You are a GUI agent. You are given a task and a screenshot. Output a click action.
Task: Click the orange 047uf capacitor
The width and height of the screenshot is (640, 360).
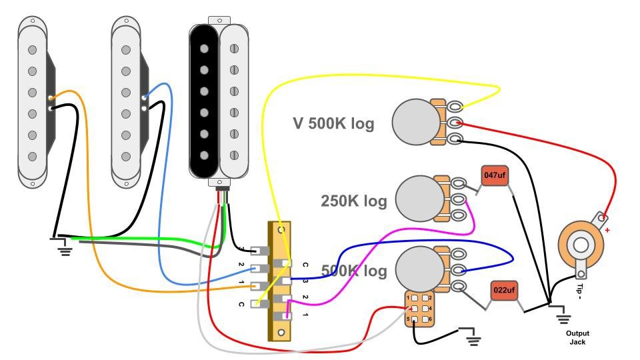click(494, 177)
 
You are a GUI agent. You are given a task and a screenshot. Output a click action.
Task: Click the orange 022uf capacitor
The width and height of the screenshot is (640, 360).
click(505, 291)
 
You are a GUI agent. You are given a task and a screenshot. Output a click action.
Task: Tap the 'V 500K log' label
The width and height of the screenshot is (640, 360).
click(333, 123)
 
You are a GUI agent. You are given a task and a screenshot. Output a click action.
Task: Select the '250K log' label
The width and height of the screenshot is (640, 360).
click(353, 201)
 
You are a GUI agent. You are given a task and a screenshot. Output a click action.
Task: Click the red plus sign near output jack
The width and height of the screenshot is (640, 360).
click(607, 231)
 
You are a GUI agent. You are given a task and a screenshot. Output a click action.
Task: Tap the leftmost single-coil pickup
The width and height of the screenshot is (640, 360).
click(31, 100)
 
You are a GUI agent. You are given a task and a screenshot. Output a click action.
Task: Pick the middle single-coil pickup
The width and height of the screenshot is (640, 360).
click(125, 100)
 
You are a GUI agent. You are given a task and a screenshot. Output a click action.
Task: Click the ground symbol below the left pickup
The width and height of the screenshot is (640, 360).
click(65, 250)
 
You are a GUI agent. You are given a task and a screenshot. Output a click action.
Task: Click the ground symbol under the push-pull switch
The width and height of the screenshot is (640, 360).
click(473, 341)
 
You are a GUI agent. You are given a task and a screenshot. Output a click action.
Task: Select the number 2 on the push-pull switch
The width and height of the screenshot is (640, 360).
click(431, 297)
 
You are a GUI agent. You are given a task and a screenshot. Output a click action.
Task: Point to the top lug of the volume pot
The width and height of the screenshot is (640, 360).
click(455, 107)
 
